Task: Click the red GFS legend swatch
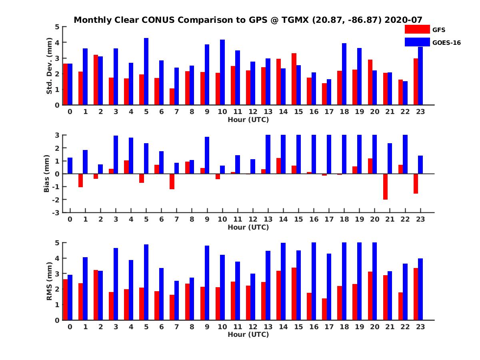pos(417,30)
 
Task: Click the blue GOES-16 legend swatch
pos(417,42)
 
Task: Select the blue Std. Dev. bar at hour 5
pos(146,72)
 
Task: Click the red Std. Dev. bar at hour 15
pos(294,79)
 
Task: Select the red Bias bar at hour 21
pos(385,186)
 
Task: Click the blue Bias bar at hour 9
pos(207,155)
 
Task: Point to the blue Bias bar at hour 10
pos(222,170)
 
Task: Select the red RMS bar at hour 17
pos(324,309)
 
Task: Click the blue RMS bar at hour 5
pos(146,282)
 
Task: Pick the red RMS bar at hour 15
pos(294,294)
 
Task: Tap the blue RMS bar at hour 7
pos(177,300)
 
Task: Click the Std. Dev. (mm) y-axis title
pos(50,66)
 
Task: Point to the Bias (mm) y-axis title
pos(47,174)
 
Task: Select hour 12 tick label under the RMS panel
pos(253,326)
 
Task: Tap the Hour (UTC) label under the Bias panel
pos(248,227)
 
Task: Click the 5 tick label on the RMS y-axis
pos(57,243)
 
